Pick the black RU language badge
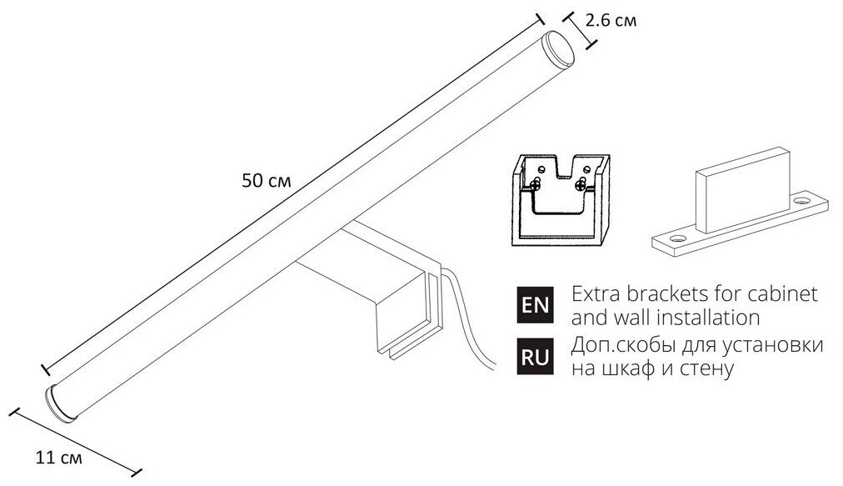(x=535, y=358)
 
